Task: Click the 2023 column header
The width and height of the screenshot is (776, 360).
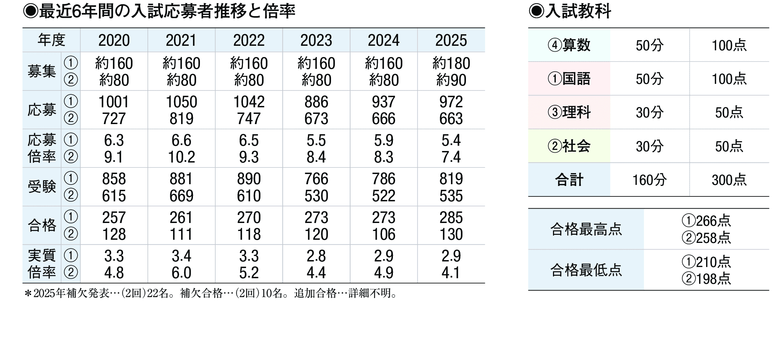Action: pyautogui.click(x=316, y=41)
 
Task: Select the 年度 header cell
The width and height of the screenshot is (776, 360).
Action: pyautogui.click(x=51, y=40)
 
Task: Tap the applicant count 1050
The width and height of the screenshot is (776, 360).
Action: pyautogui.click(x=181, y=102)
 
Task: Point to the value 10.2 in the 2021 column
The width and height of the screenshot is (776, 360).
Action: pyautogui.click(x=181, y=157)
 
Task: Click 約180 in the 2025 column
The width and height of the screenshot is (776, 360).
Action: pyautogui.click(x=451, y=64)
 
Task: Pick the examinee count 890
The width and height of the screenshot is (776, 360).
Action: pyautogui.click(x=249, y=179)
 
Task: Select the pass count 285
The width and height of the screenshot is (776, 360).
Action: pyautogui.click(x=451, y=217)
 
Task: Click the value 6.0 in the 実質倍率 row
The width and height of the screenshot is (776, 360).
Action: pyautogui.click(x=181, y=273)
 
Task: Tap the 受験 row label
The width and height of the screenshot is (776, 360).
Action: pyautogui.click(x=42, y=187)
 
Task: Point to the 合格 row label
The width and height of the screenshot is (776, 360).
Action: pyautogui.click(x=42, y=225)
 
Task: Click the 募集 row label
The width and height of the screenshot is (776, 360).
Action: pyautogui.click(x=42, y=72)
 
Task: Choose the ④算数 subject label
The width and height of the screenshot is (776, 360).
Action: pyautogui.click(x=569, y=45)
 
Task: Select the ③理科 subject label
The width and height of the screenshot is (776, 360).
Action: pyautogui.click(x=569, y=113)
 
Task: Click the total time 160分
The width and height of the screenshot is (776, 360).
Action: pyautogui.click(x=649, y=180)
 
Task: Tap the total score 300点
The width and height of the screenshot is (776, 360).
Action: pyautogui.click(x=729, y=180)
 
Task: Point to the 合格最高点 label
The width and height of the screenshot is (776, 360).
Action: pyautogui.click(x=586, y=229)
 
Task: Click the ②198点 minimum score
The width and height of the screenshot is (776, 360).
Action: pyautogui.click(x=706, y=279)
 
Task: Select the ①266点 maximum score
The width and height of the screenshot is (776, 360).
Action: pyautogui.click(x=706, y=221)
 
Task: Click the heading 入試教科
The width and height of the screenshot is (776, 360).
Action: pyautogui.click(x=577, y=11)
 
